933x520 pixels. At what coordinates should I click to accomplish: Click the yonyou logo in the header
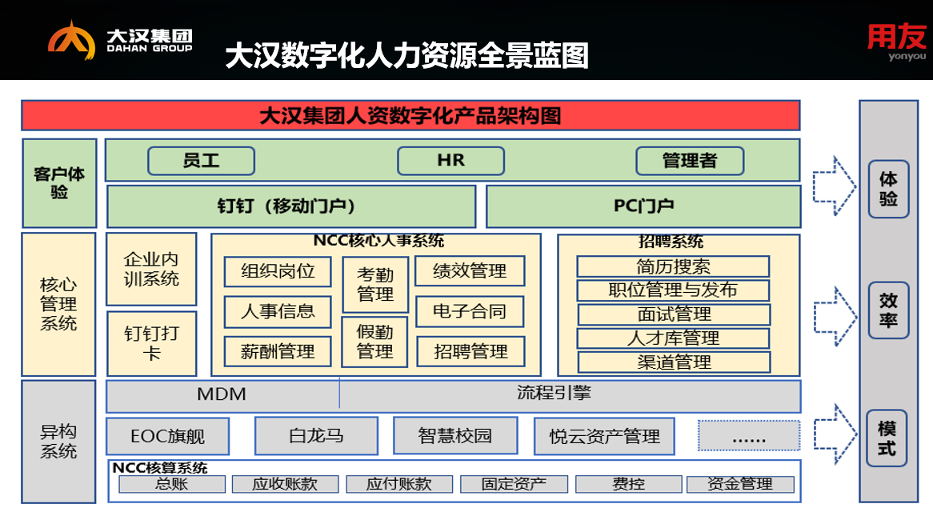pyautogui.click(x=896, y=42)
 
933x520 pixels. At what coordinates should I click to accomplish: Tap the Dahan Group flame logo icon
pyautogui.click(x=71, y=42)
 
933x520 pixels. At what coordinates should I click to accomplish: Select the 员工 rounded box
pyautogui.click(x=201, y=161)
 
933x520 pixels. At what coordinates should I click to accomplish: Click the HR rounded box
pyautogui.click(x=450, y=161)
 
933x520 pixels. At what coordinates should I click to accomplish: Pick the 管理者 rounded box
pyautogui.click(x=689, y=161)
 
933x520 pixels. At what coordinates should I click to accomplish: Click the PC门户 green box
pyautogui.click(x=643, y=206)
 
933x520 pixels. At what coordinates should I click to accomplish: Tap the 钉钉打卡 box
pyautogui.click(x=151, y=343)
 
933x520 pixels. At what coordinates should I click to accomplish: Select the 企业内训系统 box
pyautogui.click(x=151, y=270)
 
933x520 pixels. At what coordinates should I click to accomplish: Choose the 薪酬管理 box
pyautogui.click(x=278, y=350)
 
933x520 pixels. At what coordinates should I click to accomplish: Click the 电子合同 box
pyautogui.click(x=470, y=311)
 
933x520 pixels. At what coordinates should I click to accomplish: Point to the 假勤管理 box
pyautogui.click(x=375, y=342)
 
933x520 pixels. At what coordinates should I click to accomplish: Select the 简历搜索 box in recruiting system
pyautogui.click(x=673, y=266)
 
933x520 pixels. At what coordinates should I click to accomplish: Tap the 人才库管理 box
pyautogui.click(x=673, y=338)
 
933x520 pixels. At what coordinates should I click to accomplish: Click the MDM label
pyautogui.click(x=222, y=394)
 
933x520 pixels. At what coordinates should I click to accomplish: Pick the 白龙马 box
pyautogui.click(x=316, y=436)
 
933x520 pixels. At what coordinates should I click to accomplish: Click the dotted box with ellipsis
pyautogui.click(x=749, y=436)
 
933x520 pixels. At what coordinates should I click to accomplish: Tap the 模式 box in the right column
pyautogui.click(x=887, y=438)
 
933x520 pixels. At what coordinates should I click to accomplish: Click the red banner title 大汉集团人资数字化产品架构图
pyautogui.click(x=410, y=115)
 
